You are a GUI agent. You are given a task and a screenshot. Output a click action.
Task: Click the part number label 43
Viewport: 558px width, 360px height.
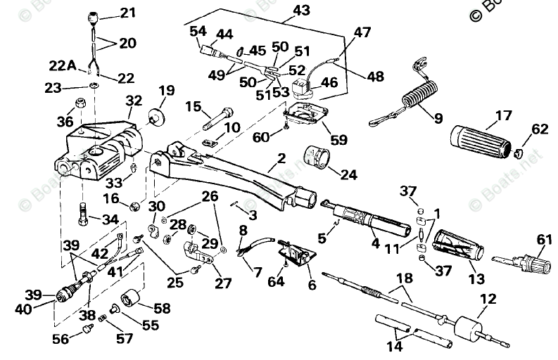(300, 11)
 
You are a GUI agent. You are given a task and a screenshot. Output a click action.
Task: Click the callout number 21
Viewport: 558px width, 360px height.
(127, 12)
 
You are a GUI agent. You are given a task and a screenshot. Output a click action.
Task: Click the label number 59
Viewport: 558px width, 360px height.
(338, 140)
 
